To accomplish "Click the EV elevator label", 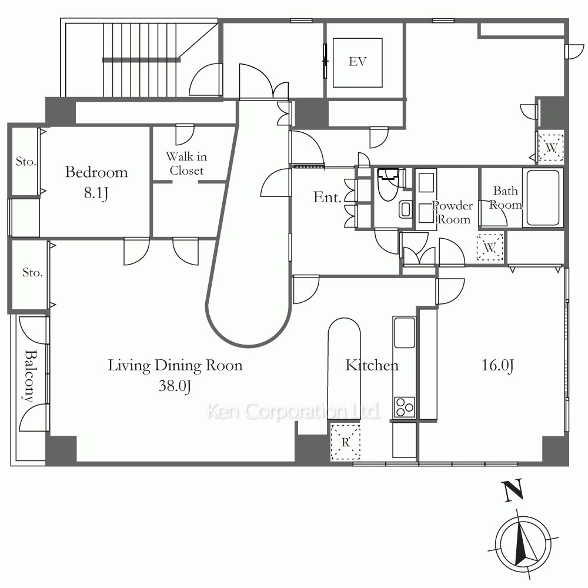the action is pyautogui.click(x=358, y=62).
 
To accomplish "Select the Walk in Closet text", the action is pyautogui.click(x=186, y=163).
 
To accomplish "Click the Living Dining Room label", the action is pyautogui.click(x=175, y=365).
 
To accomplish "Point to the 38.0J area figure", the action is pyautogui.click(x=175, y=386).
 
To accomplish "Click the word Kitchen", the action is pyautogui.click(x=372, y=365).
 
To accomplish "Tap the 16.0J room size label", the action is pyautogui.click(x=497, y=365).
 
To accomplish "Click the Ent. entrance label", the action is pyautogui.click(x=328, y=197).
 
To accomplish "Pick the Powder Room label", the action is pyautogui.click(x=453, y=212).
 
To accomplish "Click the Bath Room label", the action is pyautogui.click(x=506, y=198).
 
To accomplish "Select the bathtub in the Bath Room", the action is pyautogui.click(x=543, y=198).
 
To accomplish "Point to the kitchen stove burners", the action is pyautogui.click(x=405, y=407).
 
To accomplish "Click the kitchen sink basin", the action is pyautogui.click(x=405, y=333).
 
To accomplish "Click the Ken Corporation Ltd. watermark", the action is pyautogui.click(x=293, y=411).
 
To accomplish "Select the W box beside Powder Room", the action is pyautogui.click(x=490, y=247).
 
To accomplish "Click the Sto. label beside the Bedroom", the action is pyautogui.click(x=26, y=162).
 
